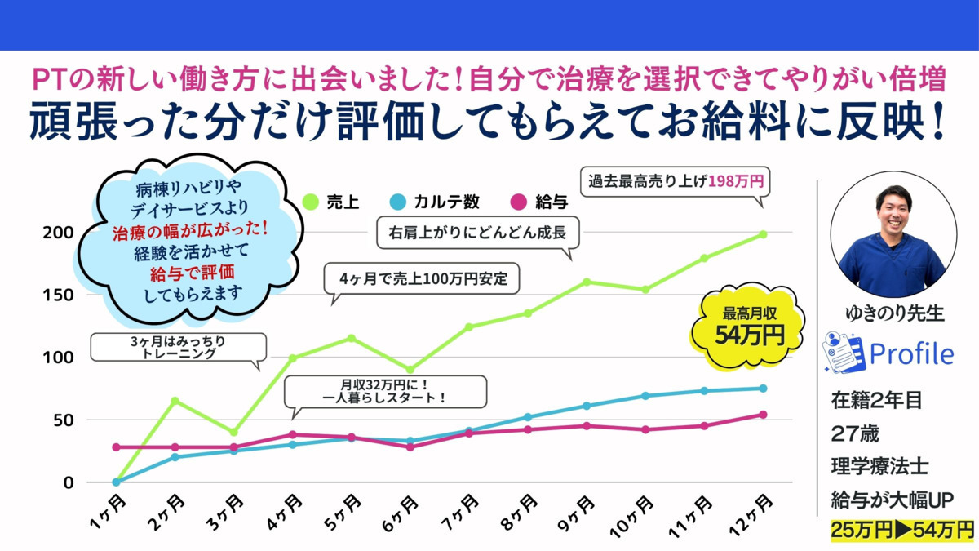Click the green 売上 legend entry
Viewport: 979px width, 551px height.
pos(330,202)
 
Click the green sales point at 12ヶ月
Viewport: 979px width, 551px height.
pos(763,234)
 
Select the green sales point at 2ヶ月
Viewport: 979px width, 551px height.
pos(175,401)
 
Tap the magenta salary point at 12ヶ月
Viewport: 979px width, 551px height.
pos(763,415)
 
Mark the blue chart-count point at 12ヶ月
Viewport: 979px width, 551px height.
pos(763,389)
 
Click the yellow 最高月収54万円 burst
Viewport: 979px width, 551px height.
pos(747,326)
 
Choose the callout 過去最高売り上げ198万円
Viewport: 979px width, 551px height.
pos(676,180)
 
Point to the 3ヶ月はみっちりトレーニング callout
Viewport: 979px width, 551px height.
pos(178,348)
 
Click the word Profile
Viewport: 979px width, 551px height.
pos(911,353)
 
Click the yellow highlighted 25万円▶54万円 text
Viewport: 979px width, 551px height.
pos(902,530)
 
